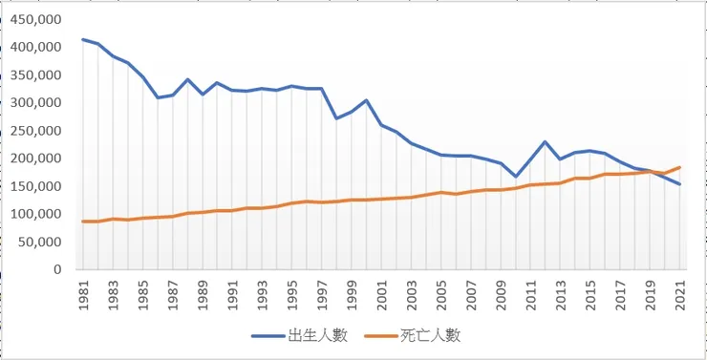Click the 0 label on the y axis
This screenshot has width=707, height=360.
58,269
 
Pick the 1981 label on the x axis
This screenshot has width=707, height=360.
84,291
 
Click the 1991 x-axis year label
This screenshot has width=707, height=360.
233,291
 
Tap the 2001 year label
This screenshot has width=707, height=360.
382,291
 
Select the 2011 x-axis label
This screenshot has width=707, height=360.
531,291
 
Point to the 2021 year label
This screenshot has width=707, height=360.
679,291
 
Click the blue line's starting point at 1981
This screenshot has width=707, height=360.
83,39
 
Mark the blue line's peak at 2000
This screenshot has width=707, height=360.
367,100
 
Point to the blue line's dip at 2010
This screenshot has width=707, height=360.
516,177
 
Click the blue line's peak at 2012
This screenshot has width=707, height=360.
546,141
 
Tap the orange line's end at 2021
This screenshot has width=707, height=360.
679,167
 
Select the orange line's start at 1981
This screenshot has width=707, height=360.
83,222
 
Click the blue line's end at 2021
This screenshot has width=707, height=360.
679,184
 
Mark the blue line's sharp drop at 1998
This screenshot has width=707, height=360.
337,118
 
